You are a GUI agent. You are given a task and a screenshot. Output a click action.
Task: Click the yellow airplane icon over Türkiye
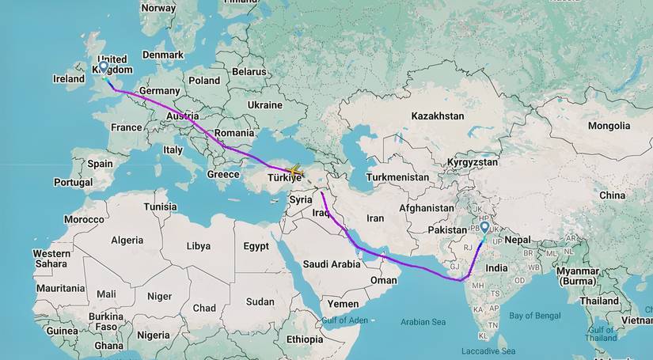294,171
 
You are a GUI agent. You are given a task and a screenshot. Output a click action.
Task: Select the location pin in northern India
484,228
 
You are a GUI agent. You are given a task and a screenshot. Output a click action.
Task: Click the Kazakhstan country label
438,116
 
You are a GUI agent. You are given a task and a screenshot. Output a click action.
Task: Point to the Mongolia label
609,126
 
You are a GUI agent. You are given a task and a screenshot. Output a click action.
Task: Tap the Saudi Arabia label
332,264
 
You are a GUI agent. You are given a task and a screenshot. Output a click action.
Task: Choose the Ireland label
69,79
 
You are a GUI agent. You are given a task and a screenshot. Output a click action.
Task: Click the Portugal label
73,182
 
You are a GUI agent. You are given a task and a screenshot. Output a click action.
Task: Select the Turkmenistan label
397,177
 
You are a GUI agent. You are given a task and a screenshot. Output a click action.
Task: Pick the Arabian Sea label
423,322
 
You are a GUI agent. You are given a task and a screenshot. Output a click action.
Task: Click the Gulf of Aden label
345,320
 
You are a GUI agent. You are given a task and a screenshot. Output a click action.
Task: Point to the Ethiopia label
305,339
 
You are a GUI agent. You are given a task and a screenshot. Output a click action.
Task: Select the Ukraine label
264,104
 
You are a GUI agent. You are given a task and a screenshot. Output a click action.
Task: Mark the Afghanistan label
427,208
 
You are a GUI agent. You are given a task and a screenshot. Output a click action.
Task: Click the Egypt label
256,246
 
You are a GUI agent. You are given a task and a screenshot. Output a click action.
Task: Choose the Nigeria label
154,335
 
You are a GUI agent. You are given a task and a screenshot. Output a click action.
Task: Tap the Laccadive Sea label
488,351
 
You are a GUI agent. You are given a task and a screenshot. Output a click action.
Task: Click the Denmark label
163,55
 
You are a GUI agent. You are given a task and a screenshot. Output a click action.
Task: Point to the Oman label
384,280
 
